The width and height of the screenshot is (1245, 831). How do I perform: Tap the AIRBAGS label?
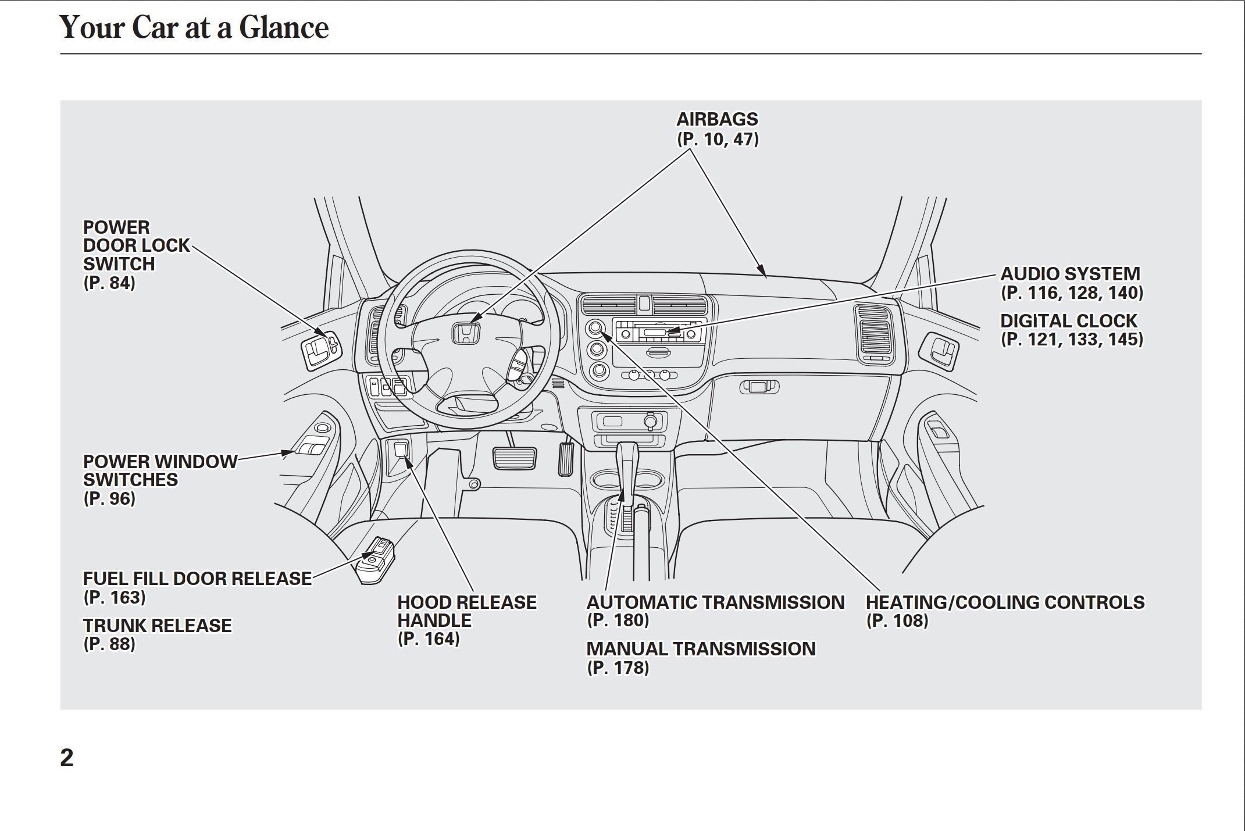pyautogui.click(x=717, y=119)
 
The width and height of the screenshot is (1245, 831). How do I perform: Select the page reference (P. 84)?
pyautogui.click(x=109, y=283)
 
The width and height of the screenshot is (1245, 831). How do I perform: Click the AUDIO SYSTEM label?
pyautogui.click(x=1069, y=274)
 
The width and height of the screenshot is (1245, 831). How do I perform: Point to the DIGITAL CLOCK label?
pyautogui.click(x=1068, y=321)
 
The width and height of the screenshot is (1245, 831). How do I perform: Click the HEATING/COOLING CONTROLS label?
pyautogui.click(x=1004, y=602)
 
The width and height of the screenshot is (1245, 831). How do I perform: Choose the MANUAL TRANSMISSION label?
pyautogui.click(x=700, y=649)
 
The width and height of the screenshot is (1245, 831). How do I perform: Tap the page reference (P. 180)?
pyautogui.click(x=618, y=620)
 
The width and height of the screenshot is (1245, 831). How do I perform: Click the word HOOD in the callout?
pyautogui.click(x=423, y=602)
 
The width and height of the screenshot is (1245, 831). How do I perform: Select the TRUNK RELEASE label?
pyautogui.click(x=157, y=626)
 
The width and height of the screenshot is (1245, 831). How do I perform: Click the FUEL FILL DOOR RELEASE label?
pyautogui.click(x=197, y=579)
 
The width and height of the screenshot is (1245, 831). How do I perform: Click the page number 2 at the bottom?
pyautogui.click(x=67, y=758)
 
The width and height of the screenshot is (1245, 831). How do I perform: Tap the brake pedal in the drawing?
pyautogui.click(x=515, y=458)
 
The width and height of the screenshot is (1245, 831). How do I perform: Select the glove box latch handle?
pyautogui.click(x=759, y=387)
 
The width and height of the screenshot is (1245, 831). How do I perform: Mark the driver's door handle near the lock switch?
pyautogui.click(x=319, y=349)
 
